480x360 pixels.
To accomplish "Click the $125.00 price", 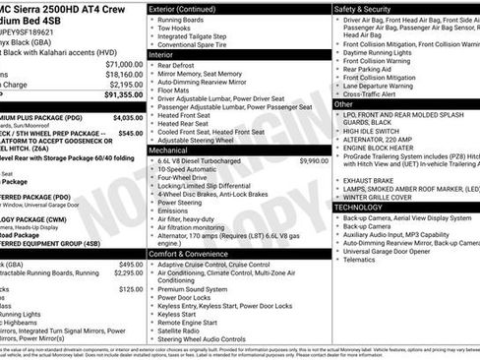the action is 131,290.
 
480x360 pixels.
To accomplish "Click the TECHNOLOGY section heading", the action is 366,207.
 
